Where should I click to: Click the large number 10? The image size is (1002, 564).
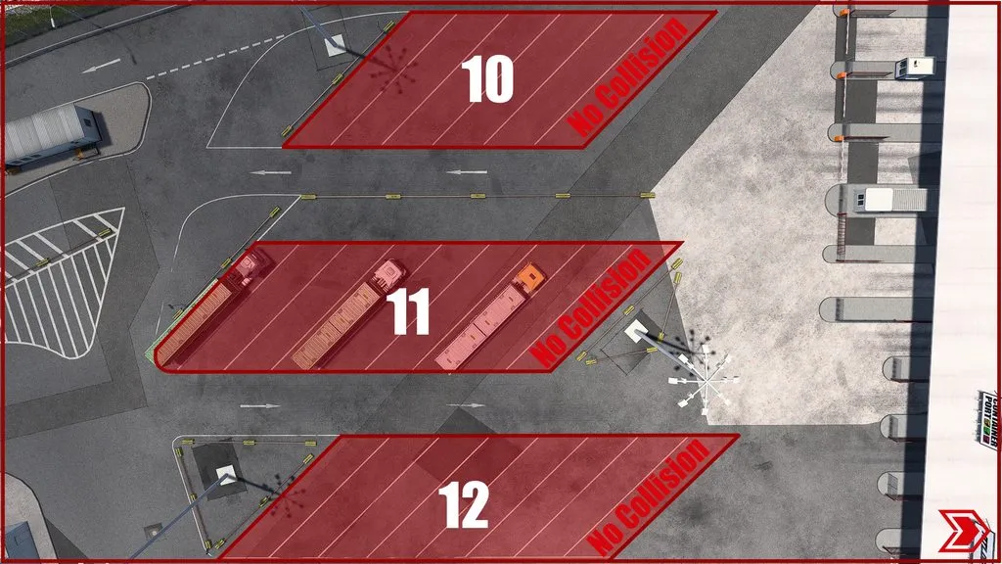[488, 79]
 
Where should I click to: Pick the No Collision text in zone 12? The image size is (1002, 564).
[648, 497]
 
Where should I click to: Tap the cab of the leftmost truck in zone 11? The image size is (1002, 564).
[250, 265]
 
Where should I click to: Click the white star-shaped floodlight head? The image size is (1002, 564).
[702, 377]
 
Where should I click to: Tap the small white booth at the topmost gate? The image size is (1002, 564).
[914, 67]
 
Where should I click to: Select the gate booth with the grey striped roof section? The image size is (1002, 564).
[892, 199]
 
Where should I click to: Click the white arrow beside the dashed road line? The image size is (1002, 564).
[102, 67]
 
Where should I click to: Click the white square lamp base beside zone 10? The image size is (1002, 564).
[335, 44]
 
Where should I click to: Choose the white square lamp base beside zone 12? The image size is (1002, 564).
[226, 476]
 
